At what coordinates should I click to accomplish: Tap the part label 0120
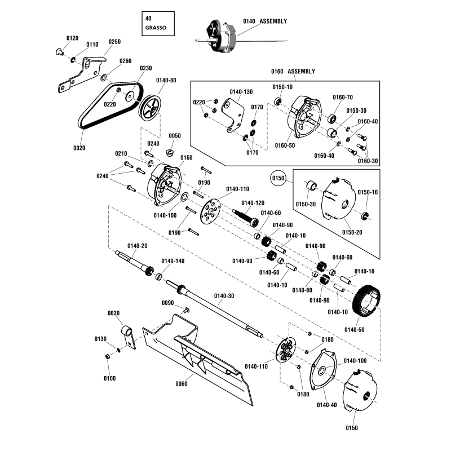[x=72, y=38]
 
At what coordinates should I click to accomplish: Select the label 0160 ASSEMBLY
[x=293, y=72]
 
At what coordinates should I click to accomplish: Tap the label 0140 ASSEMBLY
[x=265, y=21]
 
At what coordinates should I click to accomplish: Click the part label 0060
[x=182, y=384]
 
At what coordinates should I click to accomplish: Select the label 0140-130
[x=241, y=91]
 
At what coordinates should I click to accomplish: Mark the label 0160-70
[x=342, y=97]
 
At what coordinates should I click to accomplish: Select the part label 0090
[x=168, y=303]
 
